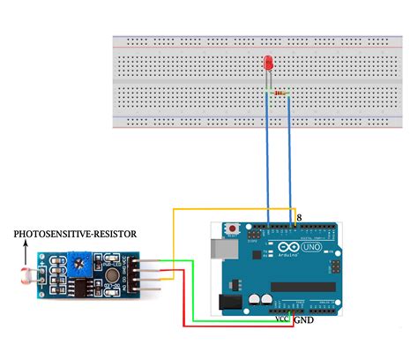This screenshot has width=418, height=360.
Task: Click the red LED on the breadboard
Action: (268, 64)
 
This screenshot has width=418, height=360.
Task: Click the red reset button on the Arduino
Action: (232, 231)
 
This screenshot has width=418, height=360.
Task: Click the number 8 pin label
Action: (299, 216)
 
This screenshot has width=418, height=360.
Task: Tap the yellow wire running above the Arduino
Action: (229, 210)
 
